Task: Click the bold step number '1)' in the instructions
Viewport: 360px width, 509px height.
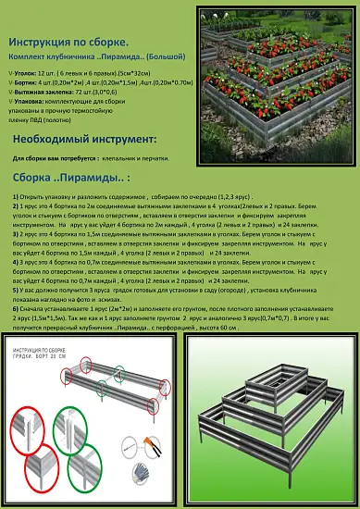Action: [x=17, y=198]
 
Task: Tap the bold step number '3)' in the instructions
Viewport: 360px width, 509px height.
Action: [x=17, y=233]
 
